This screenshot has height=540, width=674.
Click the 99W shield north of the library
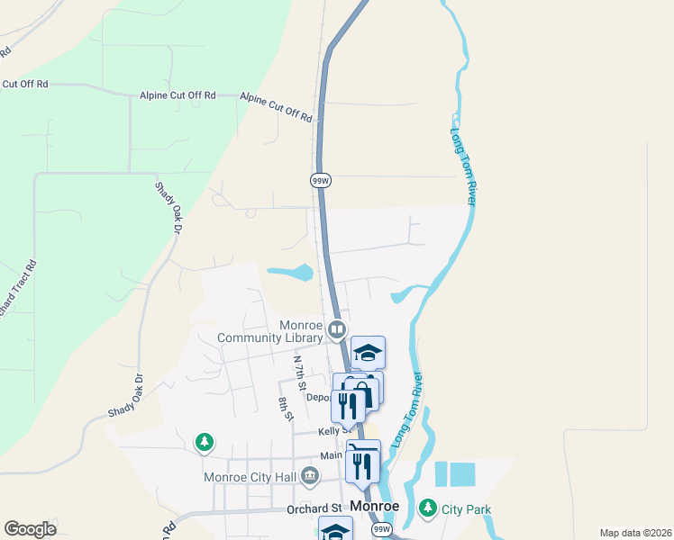coord(321,180)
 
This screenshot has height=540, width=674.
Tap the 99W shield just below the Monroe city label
coord(382,529)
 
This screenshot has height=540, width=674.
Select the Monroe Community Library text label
coord(270,331)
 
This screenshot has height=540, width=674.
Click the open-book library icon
coord(337,329)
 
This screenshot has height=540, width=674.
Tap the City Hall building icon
coord(310,474)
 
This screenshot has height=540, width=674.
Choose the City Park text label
coord(466,509)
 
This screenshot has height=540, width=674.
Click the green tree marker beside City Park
coord(428,508)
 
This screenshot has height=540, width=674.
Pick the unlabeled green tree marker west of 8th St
coord(205,442)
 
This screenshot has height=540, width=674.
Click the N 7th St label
coord(301,372)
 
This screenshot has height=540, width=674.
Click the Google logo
coord(30,529)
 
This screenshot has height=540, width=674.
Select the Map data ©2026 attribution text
coord(635,533)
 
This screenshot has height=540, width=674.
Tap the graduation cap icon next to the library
coord(368,351)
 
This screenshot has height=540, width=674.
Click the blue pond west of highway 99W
coord(291,272)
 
